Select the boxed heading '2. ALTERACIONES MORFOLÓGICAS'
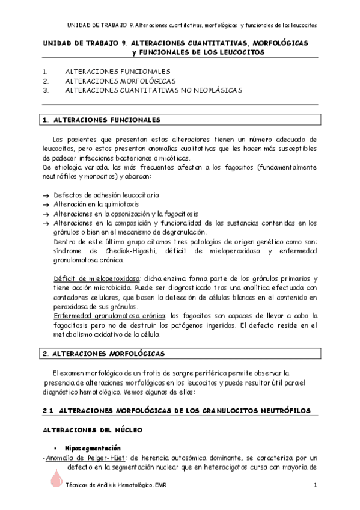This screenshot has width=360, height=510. tap(104, 354)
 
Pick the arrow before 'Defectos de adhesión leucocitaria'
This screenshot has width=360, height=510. tap(47, 195)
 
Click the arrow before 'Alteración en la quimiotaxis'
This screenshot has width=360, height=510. tap(47, 204)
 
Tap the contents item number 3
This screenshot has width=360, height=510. tap(45, 90)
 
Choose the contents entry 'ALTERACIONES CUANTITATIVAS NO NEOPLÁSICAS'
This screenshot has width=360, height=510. tap(153, 90)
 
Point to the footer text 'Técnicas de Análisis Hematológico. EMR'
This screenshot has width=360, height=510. tap(117, 485)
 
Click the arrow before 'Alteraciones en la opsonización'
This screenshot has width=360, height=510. tap(47, 214)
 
